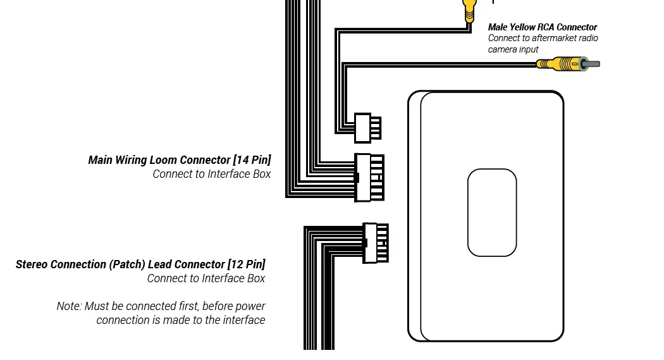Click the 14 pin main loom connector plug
369,177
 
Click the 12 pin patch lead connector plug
376,242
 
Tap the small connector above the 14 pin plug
367,128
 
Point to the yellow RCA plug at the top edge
469,10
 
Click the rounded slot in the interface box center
492,213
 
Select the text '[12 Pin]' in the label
247,264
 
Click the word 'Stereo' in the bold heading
32,264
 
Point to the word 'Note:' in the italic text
69,306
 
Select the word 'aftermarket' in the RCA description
554,38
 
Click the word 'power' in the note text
251,306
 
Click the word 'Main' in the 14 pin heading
100,160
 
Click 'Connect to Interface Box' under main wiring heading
211,174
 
